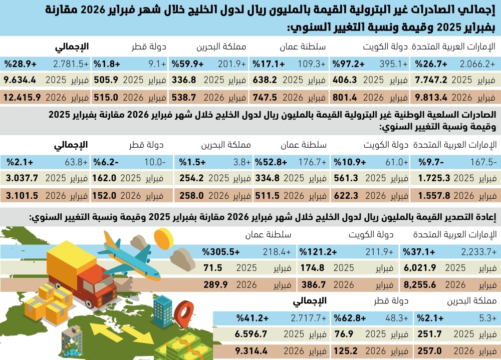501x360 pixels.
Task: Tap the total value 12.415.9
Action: (x=21, y=96)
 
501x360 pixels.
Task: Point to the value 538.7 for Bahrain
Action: (x=184, y=96)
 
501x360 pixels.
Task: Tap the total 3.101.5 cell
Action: (x=21, y=195)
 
